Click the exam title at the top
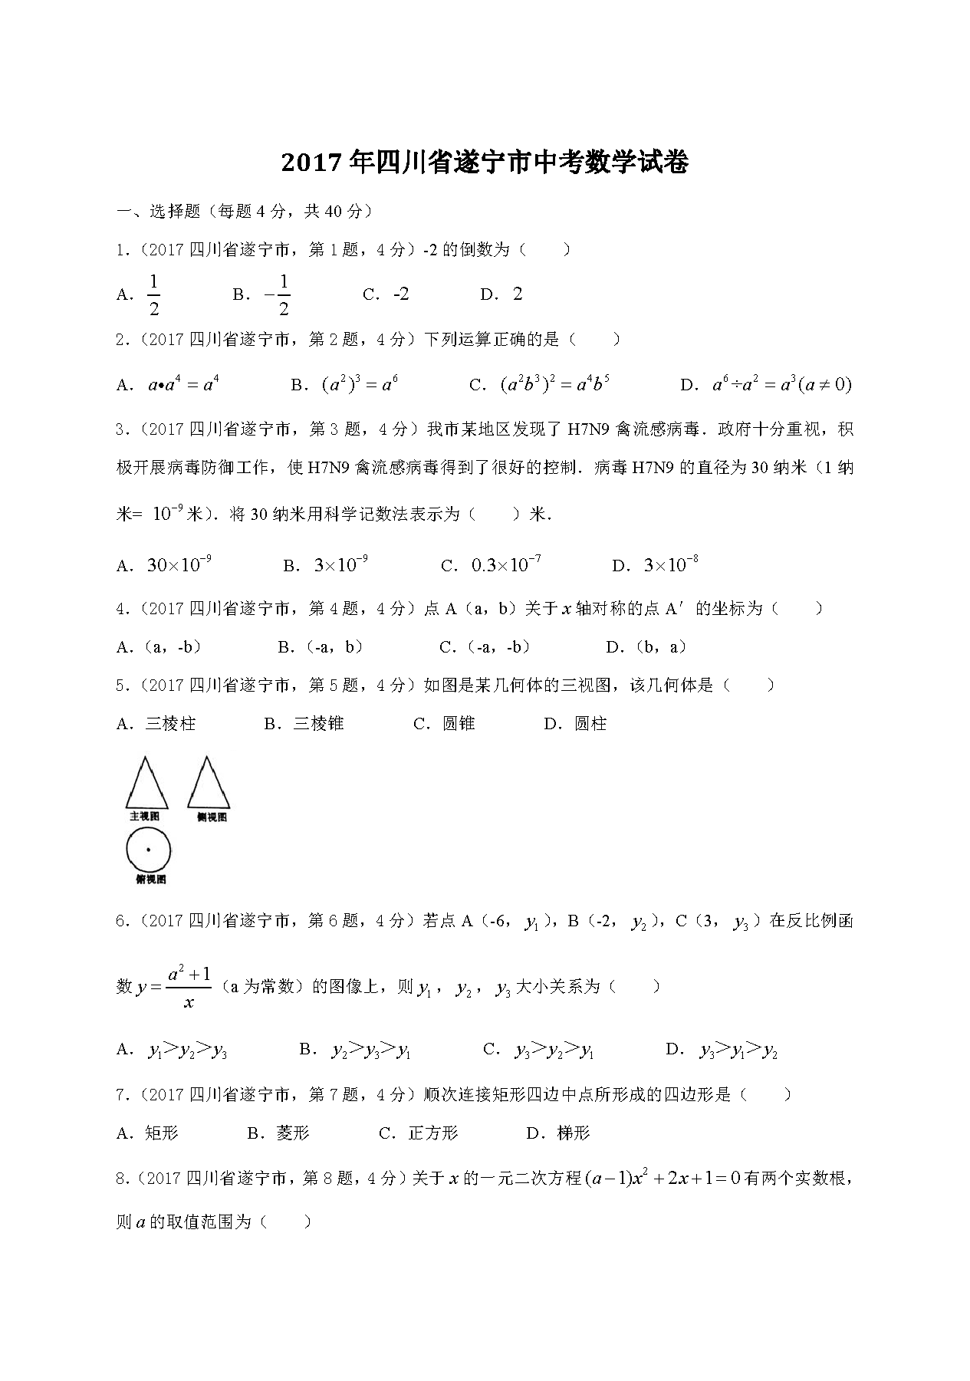tap(485, 163)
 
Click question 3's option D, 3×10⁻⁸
tap(656, 565)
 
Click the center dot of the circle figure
tap(148, 850)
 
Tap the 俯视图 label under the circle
tap(150, 880)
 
